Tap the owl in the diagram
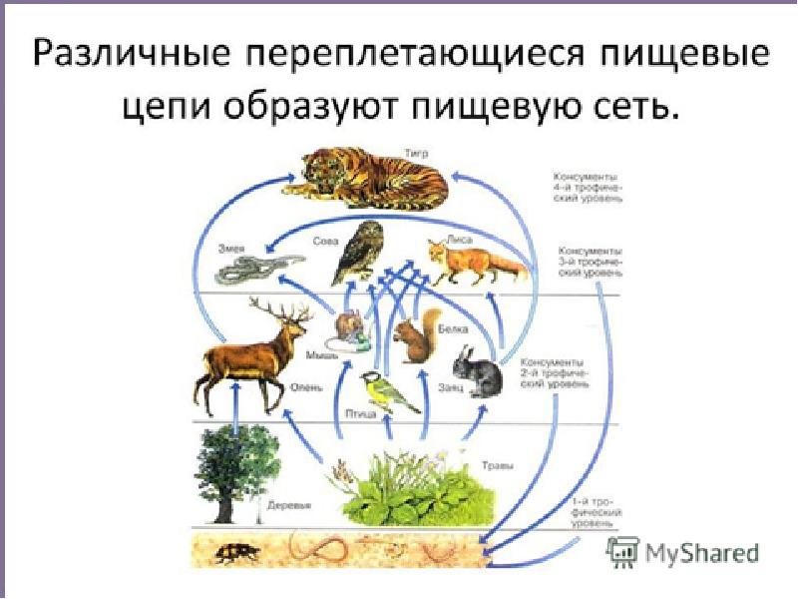click(x=355, y=252)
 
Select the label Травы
click(x=496, y=464)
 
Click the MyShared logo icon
click(x=622, y=551)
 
